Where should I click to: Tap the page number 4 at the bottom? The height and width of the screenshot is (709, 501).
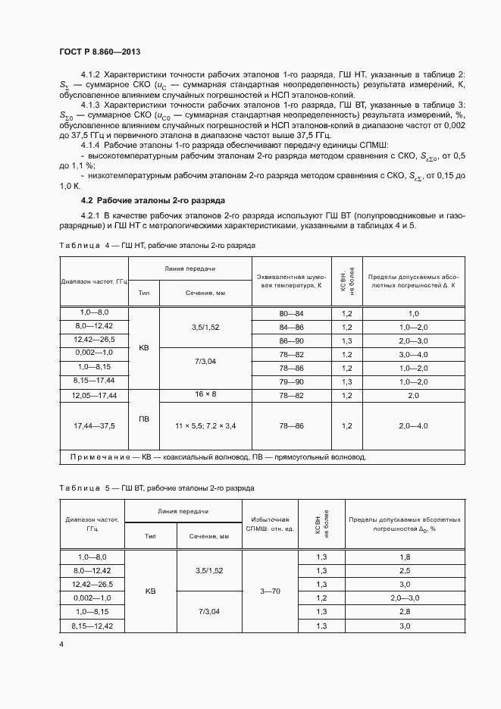pyautogui.click(x=62, y=645)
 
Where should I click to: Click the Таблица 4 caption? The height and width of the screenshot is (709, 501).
pyautogui.click(x=157, y=246)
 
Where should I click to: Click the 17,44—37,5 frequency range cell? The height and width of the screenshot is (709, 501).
pyautogui.click(x=94, y=426)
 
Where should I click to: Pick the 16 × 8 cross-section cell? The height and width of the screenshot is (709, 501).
pyautogui.click(x=205, y=395)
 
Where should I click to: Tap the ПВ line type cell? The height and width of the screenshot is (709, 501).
pyautogui.click(x=144, y=419)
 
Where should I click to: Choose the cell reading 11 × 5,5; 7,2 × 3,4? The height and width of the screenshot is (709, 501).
pyautogui.click(x=205, y=426)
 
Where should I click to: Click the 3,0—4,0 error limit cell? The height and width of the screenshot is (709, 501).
pyautogui.click(x=414, y=354)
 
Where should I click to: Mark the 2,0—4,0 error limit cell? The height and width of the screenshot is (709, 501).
pyautogui.click(x=414, y=426)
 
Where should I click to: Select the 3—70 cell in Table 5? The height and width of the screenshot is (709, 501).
pyautogui.click(x=271, y=591)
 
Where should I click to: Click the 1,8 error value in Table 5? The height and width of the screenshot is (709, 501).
pyautogui.click(x=404, y=557)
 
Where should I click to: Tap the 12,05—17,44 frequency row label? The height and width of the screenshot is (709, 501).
pyautogui.click(x=94, y=396)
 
